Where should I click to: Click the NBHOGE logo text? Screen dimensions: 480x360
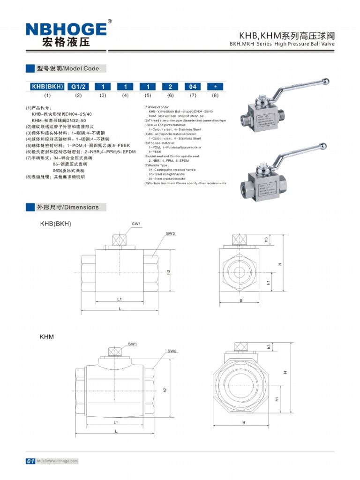66,29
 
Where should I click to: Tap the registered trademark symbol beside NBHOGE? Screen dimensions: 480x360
110,21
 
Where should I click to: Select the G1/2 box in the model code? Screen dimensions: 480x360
78,87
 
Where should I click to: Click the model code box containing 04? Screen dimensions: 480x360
193,87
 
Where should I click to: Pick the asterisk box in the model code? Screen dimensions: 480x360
215,87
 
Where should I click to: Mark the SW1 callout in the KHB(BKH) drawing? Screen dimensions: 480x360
136,225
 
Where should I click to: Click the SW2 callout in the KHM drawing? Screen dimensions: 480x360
172,351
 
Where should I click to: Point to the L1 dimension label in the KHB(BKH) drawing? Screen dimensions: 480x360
120,299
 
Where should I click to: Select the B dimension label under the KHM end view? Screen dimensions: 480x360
244,422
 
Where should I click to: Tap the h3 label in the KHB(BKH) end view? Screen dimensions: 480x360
266,240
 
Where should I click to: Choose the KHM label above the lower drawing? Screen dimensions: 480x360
47,337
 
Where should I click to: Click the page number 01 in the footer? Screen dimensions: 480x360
30,461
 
